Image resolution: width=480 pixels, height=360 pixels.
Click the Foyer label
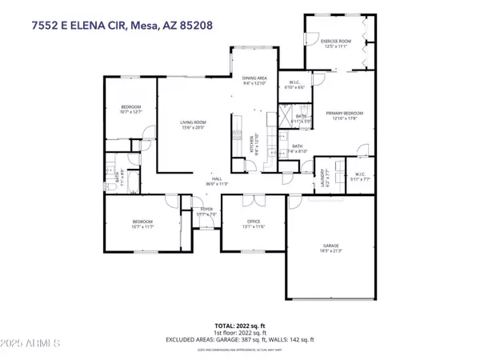click(206, 212)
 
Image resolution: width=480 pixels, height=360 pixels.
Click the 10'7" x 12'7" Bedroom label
click(131, 109)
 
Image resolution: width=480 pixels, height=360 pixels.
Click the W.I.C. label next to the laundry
click(360, 177)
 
